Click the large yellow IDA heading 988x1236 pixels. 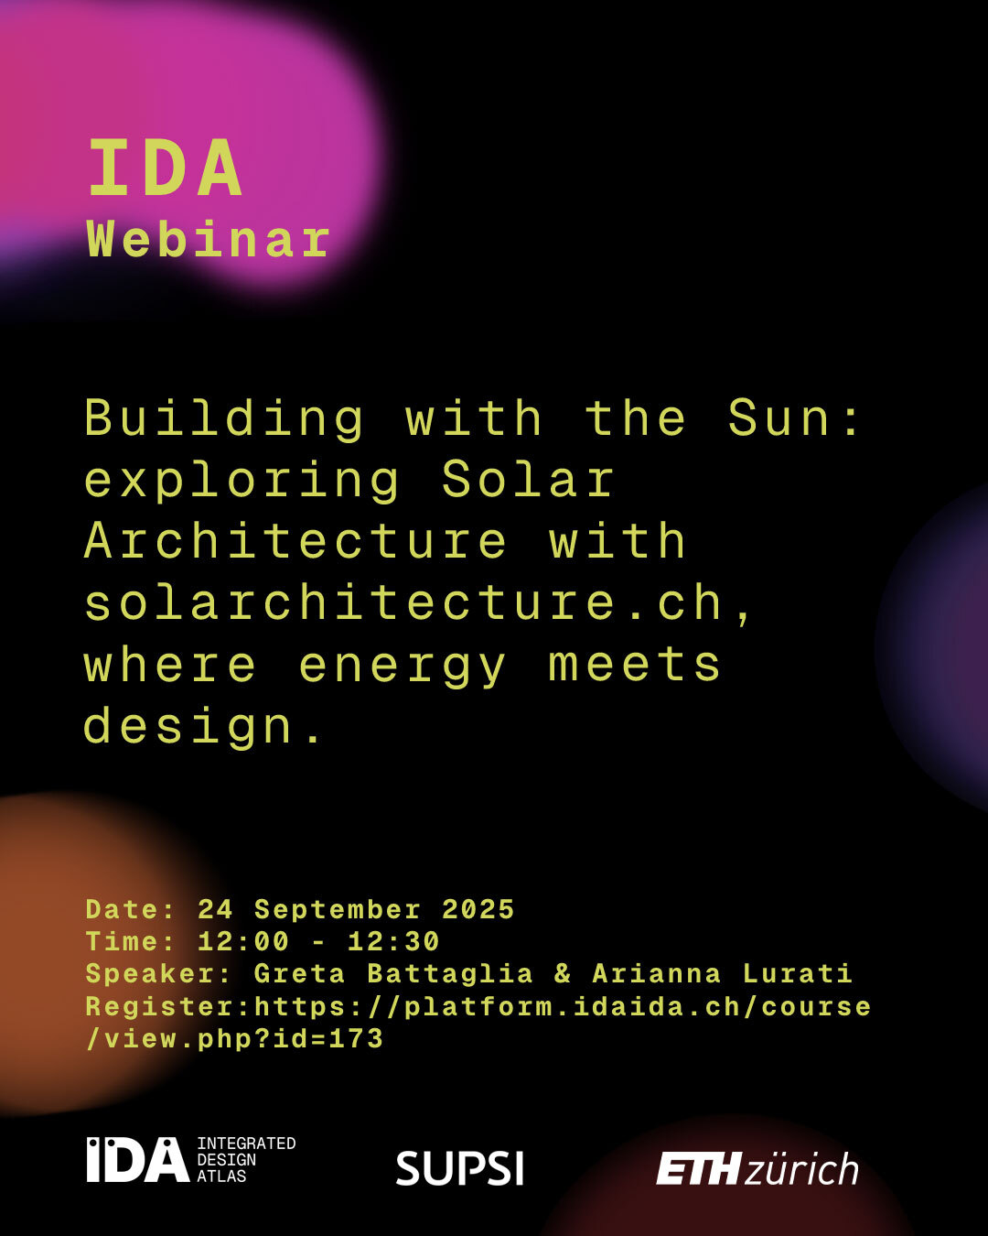(165, 168)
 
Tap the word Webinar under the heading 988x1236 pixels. (209, 240)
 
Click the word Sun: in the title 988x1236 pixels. (793, 417)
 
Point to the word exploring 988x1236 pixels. (242, 482)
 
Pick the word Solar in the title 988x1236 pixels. (528, 479)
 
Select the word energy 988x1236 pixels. (403, 667)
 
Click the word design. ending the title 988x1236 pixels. (203, 728)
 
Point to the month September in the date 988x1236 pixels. (338, 910)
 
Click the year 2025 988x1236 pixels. (478, 910)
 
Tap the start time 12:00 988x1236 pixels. (242, 942)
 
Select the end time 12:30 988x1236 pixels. (393, 942)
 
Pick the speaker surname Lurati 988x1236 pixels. (797, 973)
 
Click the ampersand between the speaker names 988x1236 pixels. (563, 973)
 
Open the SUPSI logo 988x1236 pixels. (459, 1167)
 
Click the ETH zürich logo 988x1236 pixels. (757, 1168)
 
